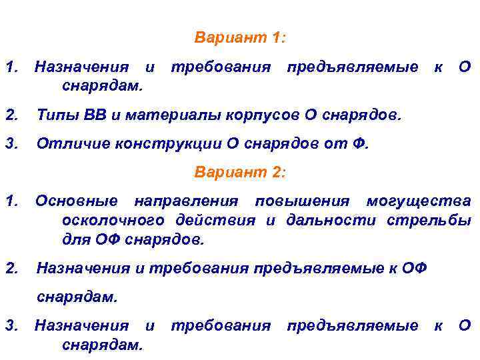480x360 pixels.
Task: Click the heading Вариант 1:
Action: (x=240, y=38)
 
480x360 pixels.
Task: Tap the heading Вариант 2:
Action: (x=240, y=172)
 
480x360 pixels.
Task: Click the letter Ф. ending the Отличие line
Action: (x=361, y=143)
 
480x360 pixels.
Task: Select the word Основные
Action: (x=77, y=201)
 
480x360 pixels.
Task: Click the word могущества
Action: (x=418, y=201)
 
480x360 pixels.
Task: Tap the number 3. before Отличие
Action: (x=11, y=143)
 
